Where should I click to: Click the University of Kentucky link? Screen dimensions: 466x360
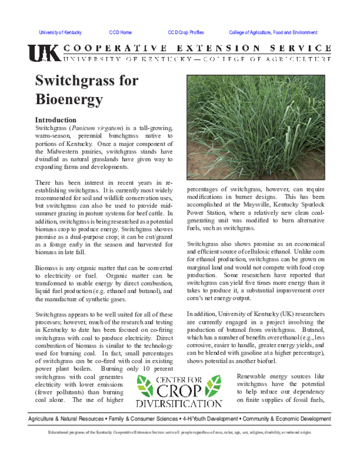[60, 33]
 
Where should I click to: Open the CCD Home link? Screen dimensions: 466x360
[120, 33]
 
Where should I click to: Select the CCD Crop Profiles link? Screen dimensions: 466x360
[186, 33]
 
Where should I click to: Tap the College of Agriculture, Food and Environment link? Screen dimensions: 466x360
[273, 33]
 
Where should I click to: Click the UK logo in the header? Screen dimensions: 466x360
[44, 53]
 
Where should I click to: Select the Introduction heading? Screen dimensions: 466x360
[56, 120]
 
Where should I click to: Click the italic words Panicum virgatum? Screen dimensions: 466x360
[96, 128]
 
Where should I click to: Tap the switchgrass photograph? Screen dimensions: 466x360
[256, 127]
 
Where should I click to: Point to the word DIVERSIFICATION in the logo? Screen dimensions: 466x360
[179, 403]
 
